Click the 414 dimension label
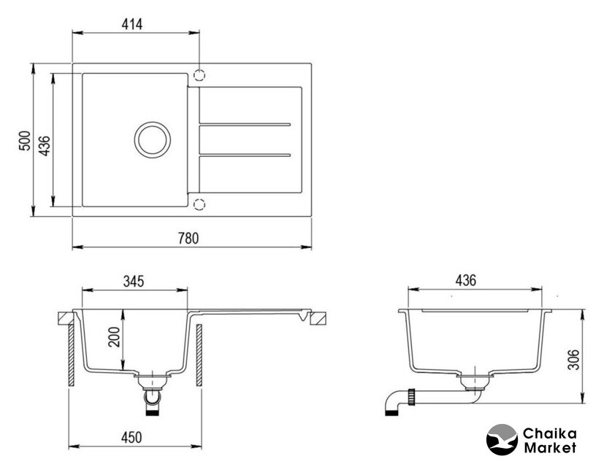click(x=132, y=24)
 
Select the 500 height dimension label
click(x=25, y=141)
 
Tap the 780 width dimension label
click(x=188, y=239)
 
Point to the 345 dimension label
click(x=134, y=281)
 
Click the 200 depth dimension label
click(x=115, y=337)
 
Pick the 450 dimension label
click(x=131, y=437)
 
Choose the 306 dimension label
click(x=573, y=360)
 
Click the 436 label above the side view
click(x=466, y=280)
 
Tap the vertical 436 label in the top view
click(x=45, y=145)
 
